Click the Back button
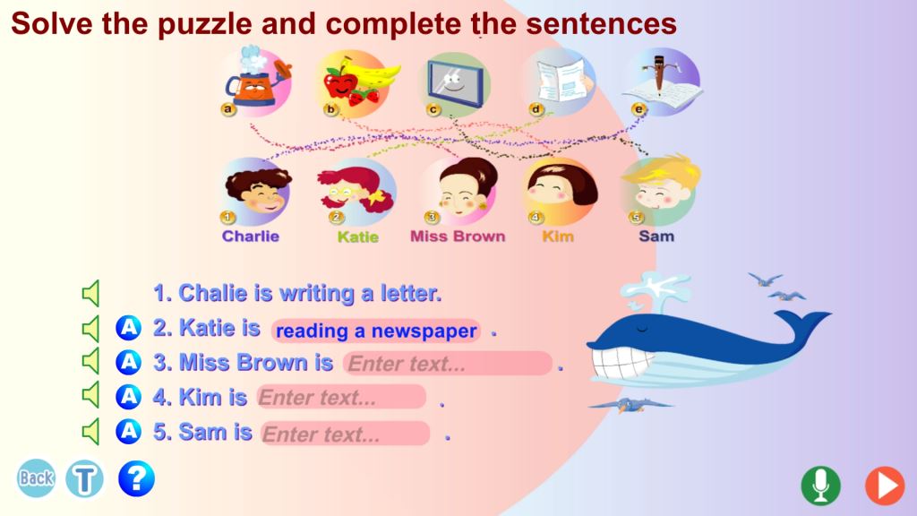36,478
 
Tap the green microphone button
820,485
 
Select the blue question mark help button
136,478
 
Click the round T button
85,478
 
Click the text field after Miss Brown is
448,364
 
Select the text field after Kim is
341,397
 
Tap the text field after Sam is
346,434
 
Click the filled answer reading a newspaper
376,331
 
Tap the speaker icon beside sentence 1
91,293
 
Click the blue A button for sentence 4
128,397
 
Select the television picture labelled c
456,83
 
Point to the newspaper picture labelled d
561,82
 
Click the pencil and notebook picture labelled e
662,82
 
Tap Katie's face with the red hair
356,191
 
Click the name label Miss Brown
458,236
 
